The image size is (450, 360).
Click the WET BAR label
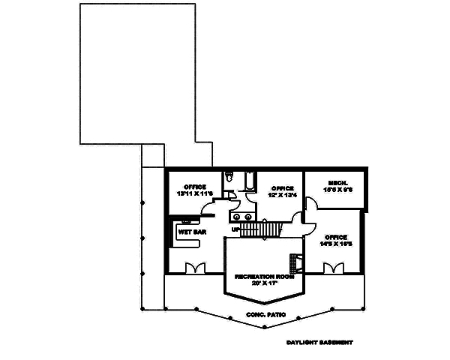tap(191, 232)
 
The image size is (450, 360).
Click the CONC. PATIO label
tap(262, 316)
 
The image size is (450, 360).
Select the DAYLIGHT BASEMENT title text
tap(319, 342)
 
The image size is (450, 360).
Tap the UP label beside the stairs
tap(235, 229)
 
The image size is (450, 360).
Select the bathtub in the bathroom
tap(247, 184)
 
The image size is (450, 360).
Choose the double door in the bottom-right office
tap(332, 268)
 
